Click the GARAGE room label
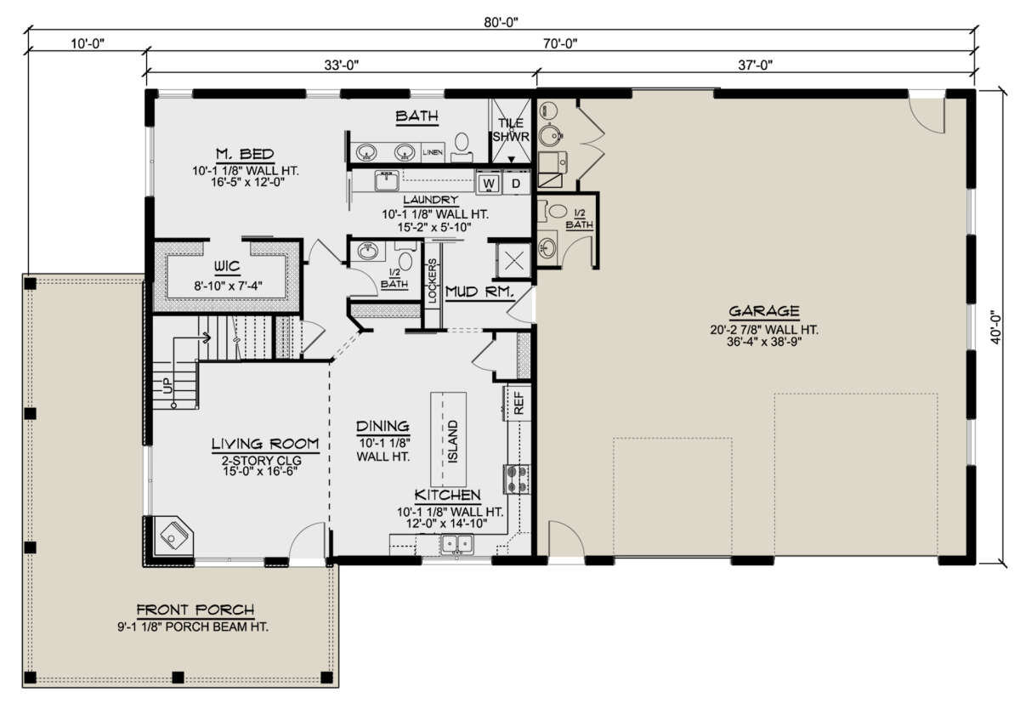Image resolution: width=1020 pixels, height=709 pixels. click(763, 311)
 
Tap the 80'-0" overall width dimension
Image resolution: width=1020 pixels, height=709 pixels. click(501, 22)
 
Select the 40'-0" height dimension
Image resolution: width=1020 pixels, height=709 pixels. click(996, 327)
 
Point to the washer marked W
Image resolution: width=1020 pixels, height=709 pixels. click(489, 184)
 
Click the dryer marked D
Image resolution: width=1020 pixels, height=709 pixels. click(515, 184)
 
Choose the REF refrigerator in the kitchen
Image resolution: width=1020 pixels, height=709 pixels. click(518, 403)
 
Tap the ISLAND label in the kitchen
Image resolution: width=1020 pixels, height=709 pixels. click(452, 441)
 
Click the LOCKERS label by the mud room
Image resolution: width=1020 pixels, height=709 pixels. click(432, 281)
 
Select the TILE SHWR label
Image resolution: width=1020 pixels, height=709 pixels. click(511, 130)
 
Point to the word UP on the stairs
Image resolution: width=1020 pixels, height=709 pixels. click(168, 386)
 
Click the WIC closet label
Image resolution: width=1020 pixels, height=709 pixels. click(227, 266)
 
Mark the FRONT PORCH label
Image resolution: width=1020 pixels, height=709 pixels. click(195, 610)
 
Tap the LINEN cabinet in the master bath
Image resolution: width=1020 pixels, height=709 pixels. click(432, 152)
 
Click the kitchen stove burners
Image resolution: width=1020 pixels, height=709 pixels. click(517, 479)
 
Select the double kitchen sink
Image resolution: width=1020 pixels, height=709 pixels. click(456, 545)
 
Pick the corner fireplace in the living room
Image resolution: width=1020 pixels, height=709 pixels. click(172, 537)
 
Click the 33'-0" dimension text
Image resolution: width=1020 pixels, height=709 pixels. click(341, 65)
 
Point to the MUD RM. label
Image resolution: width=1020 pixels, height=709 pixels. click(479, 292)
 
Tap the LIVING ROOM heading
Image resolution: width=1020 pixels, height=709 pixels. click(265, 444)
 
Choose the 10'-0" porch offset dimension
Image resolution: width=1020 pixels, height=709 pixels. click(88, 43)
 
